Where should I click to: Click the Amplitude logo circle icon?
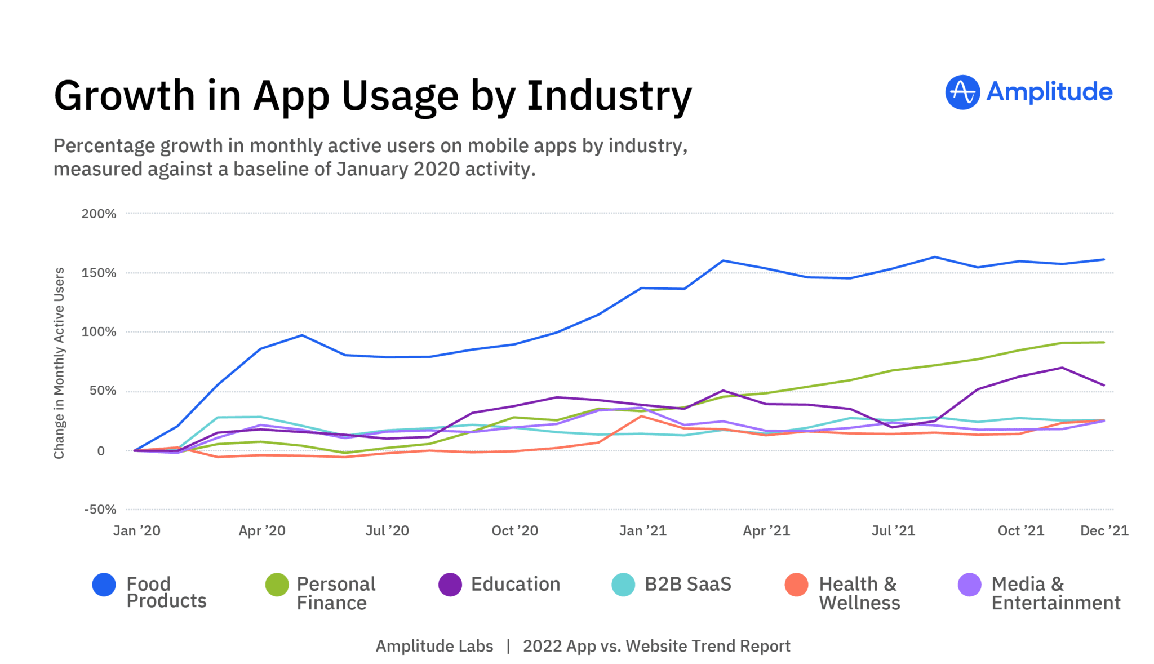click(x=962, y=92)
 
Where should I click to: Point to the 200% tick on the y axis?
click(x=99, y=214)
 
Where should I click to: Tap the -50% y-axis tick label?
click(x=100, y=510)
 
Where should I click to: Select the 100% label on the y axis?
click(x=99, y=332)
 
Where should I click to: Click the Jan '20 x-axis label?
click(x=136, y=530)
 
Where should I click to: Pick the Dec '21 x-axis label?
click(x=1104, y=530)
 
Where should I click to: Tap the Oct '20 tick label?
click(x=514, y=530)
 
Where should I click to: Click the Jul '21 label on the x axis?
click(x=893, y=530)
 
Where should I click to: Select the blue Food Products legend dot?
click(x=104, y=585)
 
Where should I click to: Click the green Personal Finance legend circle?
click(x=277, y=585)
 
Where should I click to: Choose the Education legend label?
click(x=515, y=585)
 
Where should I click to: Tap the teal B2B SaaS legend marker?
click(x=623, y=585)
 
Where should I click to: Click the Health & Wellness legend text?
click(x=859, y=593)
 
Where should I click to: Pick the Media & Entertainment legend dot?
click(x=969, y=585)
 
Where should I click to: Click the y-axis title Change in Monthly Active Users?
click(x=59, y=363)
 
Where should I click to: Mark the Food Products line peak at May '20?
click(x=302, y=335)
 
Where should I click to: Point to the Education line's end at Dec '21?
click(x=1103, y=386)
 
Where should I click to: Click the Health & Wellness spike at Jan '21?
click(x=642, y=416)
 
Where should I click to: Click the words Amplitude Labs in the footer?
click(x=434, y=646)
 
